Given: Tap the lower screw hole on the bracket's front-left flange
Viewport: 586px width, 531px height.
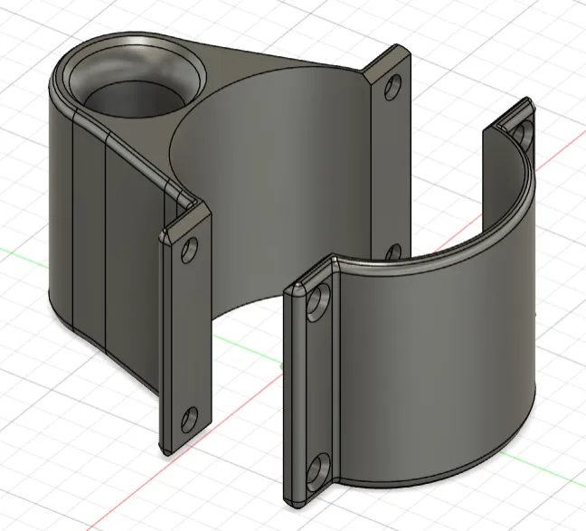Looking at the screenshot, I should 188,418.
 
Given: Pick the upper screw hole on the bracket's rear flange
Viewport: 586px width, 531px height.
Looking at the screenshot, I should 392,88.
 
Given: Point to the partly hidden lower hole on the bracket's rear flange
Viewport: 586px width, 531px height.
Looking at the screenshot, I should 394,251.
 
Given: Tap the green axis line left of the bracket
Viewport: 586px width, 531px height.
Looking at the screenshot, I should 18,251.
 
